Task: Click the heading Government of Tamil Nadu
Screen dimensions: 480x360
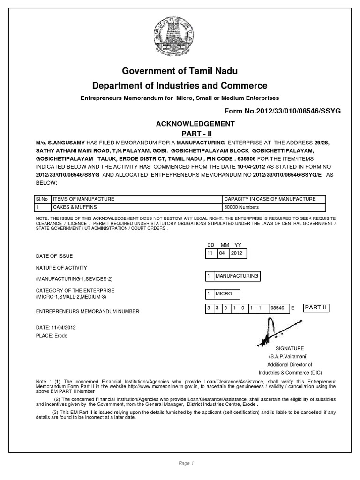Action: coord(180,71)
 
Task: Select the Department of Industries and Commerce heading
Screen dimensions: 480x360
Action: coord(180,86)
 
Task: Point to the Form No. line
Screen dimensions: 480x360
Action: coord(283,111)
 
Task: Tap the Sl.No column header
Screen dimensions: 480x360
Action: coord(42,199)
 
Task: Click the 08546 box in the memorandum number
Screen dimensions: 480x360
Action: coord(277,309)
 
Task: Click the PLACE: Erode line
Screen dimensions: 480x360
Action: coord(51,336)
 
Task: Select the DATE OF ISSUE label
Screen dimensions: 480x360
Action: coord(54,256)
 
